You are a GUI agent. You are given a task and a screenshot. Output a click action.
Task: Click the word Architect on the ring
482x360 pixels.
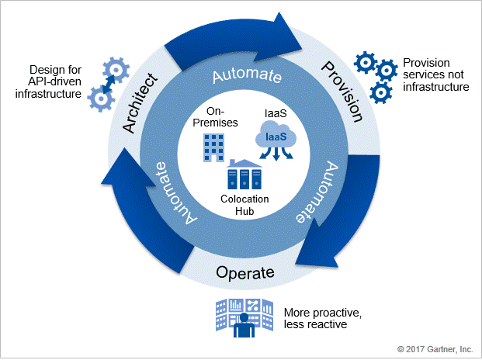[140, 103]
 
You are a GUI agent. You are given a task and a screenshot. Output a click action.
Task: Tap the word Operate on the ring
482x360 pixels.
[245, 272]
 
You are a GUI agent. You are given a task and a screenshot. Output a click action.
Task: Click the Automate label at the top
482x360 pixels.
[247, 75]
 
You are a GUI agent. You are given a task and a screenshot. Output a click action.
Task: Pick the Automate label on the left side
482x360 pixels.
[175, 193]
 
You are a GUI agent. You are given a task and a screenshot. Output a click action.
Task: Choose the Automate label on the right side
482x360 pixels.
[317, 192]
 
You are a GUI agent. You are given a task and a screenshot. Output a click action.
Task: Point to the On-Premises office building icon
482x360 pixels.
[213, 147]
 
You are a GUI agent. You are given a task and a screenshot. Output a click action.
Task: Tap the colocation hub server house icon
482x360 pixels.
[244, 174]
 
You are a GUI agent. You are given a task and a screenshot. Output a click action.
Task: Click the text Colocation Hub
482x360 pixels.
[244, 205]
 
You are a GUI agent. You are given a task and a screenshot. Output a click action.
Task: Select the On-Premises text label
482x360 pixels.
[215, 116]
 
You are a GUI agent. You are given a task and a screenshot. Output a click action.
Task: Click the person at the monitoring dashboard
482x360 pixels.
[244, 325]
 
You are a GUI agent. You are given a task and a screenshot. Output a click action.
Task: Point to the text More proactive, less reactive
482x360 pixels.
[322, 318]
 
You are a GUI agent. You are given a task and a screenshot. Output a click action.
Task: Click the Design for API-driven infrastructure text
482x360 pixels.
[49, 81]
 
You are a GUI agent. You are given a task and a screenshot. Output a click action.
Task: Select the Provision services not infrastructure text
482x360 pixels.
[436, 74]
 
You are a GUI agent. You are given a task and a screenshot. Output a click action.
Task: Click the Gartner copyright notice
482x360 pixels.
[435, 349]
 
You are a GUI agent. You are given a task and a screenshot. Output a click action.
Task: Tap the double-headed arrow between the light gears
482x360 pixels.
[109, 84]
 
